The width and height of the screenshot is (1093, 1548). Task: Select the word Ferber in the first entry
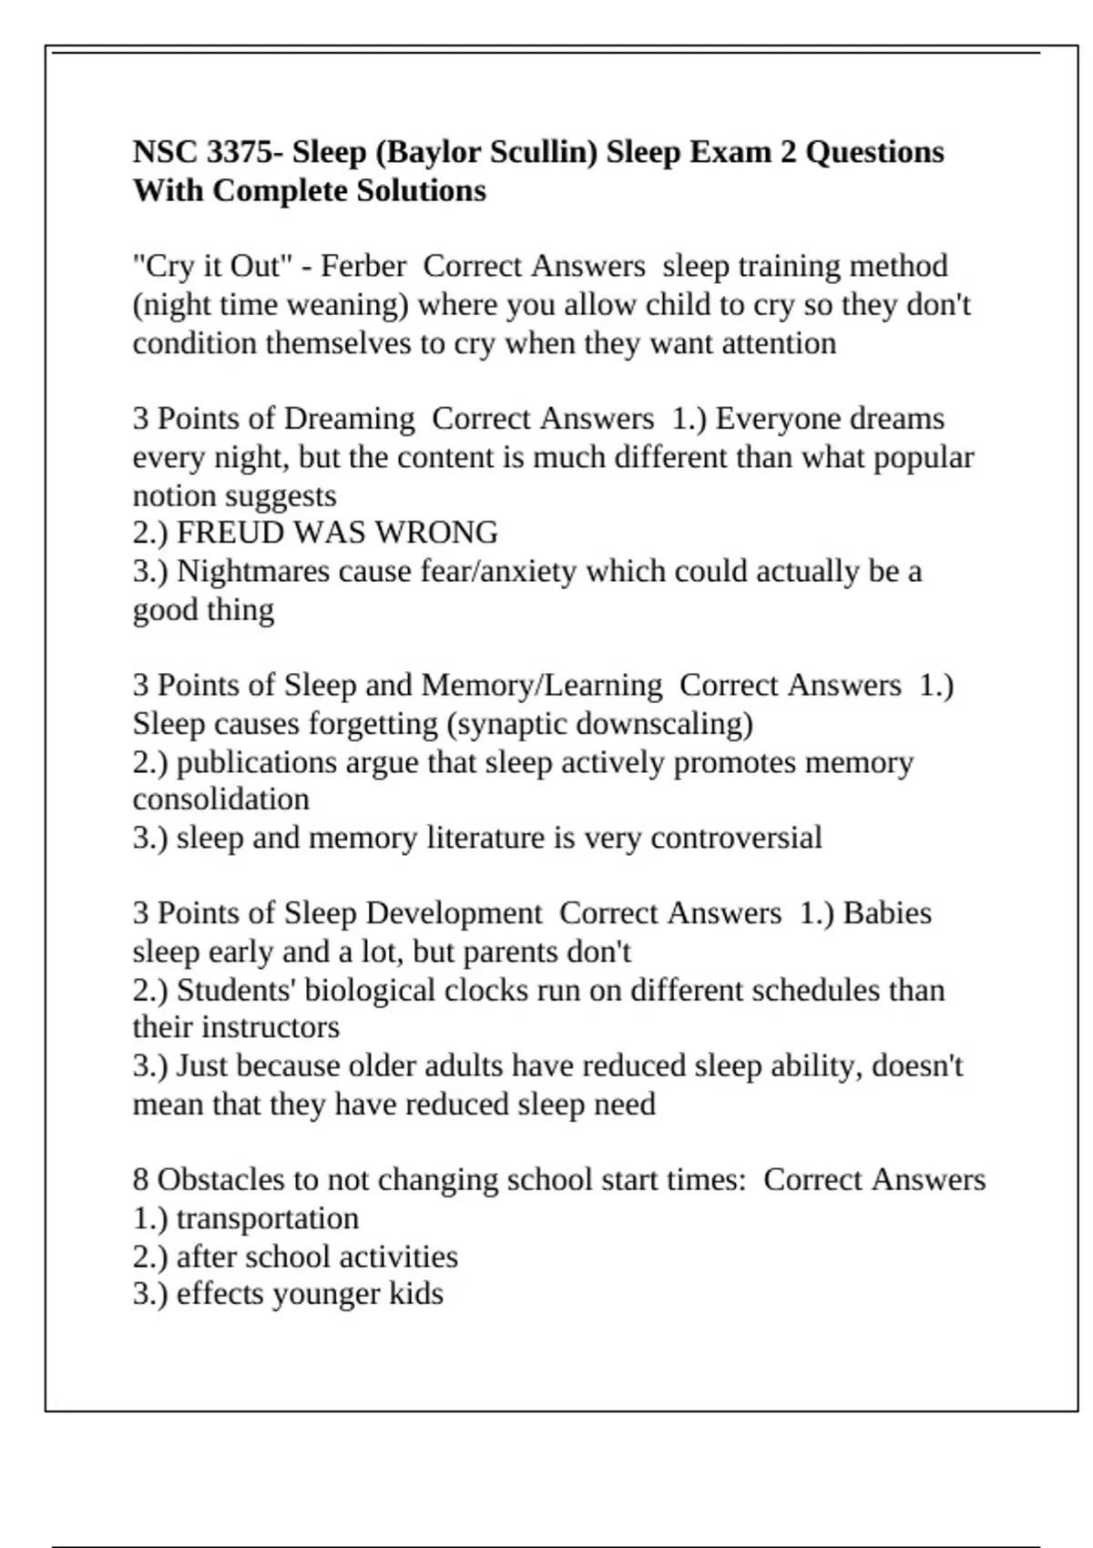[x=363, y=266]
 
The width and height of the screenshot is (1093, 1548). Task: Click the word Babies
[x=887, y=913]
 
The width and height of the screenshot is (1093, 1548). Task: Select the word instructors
[x=271, y=1027]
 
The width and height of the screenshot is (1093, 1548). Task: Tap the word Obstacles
[x=223, y=1180]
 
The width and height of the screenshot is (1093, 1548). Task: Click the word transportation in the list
[x=268, y=1218]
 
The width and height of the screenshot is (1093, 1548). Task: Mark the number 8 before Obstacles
[x=140, y=1180]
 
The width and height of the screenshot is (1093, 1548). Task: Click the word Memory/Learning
[x=542, y=686]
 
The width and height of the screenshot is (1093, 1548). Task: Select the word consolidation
[x=221, y=799]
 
